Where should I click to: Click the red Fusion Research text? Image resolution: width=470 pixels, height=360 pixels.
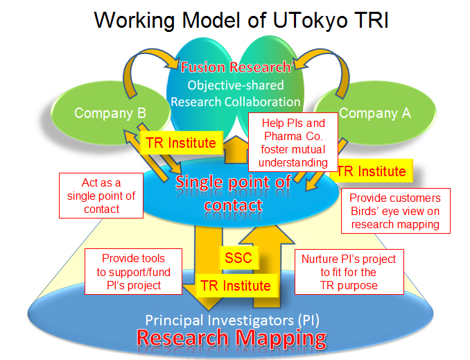(x=236, y=68)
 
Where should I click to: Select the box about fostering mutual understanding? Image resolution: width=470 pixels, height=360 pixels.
(x=293, y=143)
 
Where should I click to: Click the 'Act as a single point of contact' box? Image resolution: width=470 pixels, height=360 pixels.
(x=101, y=196)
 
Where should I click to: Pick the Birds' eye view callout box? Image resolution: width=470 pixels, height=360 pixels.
(x=395, y=210)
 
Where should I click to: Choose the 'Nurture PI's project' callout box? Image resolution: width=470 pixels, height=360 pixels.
(x=348, y=272)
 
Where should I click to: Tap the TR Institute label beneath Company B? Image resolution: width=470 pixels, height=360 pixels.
(x=180, y=144)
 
